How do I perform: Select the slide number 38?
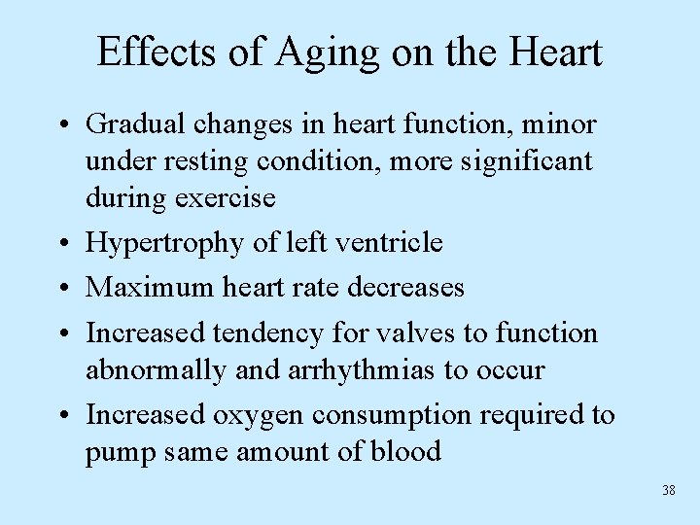click(x=668, y=490)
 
